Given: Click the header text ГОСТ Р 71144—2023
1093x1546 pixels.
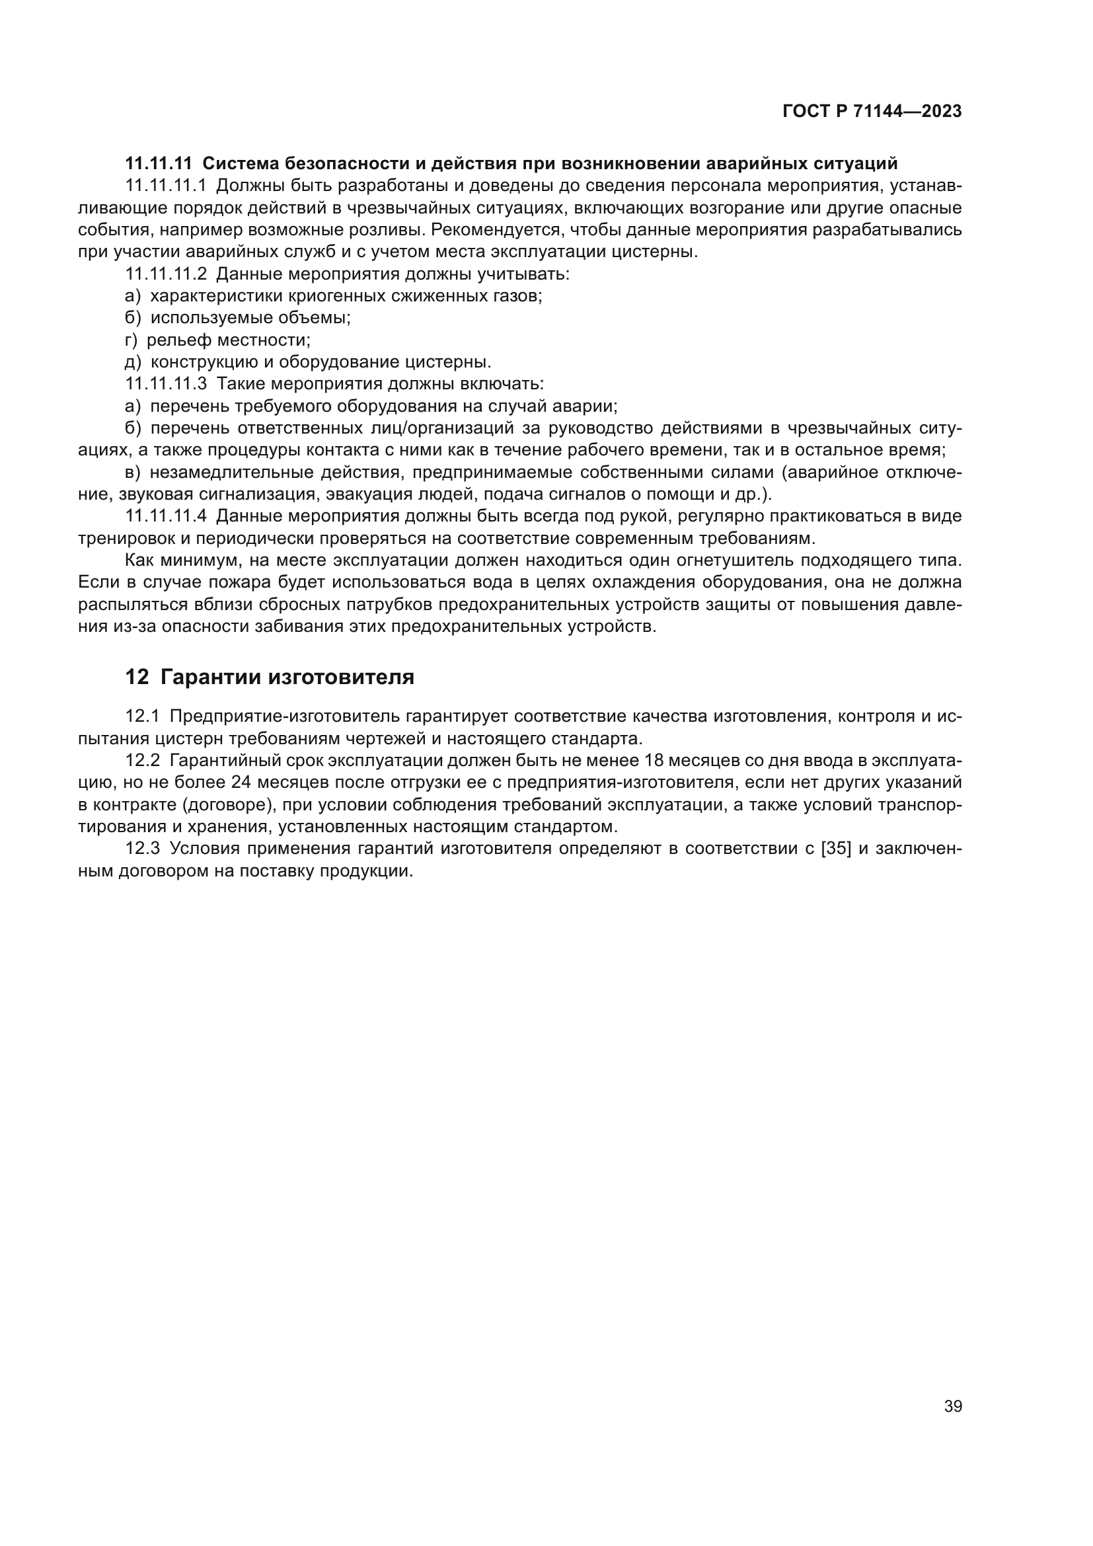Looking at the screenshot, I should [x=872, y=112].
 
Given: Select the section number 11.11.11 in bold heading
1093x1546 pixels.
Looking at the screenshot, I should [x=159, y=164].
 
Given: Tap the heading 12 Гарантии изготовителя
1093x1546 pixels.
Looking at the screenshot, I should [x=269, y=677].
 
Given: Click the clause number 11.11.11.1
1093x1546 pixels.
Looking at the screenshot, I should [x=166, y=186].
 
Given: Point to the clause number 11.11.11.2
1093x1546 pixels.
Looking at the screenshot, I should [x=166, y=274].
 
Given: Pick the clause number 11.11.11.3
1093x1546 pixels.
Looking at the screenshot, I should [x=166, y=384].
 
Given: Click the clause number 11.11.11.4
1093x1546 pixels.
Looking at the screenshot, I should [x=166, y=516].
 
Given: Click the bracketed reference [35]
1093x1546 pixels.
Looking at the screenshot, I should [x=837, y=849].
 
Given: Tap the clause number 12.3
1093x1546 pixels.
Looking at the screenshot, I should [x=142, y=849].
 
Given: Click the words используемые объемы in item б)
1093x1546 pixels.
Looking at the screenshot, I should [x=250, y=318].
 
